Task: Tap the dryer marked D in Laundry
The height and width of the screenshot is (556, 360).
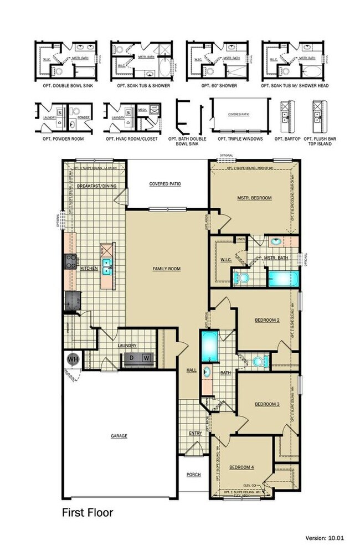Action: pos(132,358)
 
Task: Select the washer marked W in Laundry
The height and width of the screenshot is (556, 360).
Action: pos(146,358)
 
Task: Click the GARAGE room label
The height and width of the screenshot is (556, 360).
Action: pos(119,436)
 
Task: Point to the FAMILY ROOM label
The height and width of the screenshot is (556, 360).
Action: pos(167,269)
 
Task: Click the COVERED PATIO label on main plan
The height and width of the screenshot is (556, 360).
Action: pos(165,184)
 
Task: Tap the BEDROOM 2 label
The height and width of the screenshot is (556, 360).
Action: pos(267,320)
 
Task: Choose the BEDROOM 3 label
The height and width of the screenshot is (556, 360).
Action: pos(267,404)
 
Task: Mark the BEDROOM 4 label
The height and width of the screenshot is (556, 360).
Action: pos(241,467)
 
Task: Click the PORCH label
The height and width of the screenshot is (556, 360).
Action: pos(193,474)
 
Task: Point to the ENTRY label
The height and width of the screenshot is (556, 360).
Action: pos(195,433)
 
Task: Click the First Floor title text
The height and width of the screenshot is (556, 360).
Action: pos(87,513)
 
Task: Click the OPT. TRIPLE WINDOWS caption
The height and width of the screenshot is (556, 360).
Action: pos(240,139)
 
